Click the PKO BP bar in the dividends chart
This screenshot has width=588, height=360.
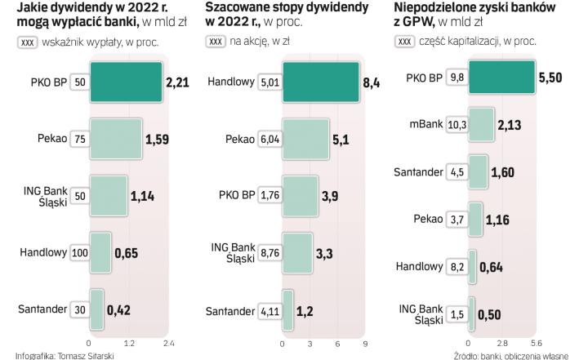[125, 81]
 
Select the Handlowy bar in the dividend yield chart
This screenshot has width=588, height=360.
[321, 81]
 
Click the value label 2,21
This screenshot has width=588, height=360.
[178, 82]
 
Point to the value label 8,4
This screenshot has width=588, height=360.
[372, 82]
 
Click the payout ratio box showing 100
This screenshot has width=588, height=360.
[79, 252]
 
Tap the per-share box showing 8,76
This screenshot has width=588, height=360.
[269, 253]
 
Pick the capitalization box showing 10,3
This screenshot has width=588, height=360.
[457, 124]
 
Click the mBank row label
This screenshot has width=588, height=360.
[426, 124]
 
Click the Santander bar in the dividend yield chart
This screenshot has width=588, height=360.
[286, 310]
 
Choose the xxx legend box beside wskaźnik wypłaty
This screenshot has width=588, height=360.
[27, 41]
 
